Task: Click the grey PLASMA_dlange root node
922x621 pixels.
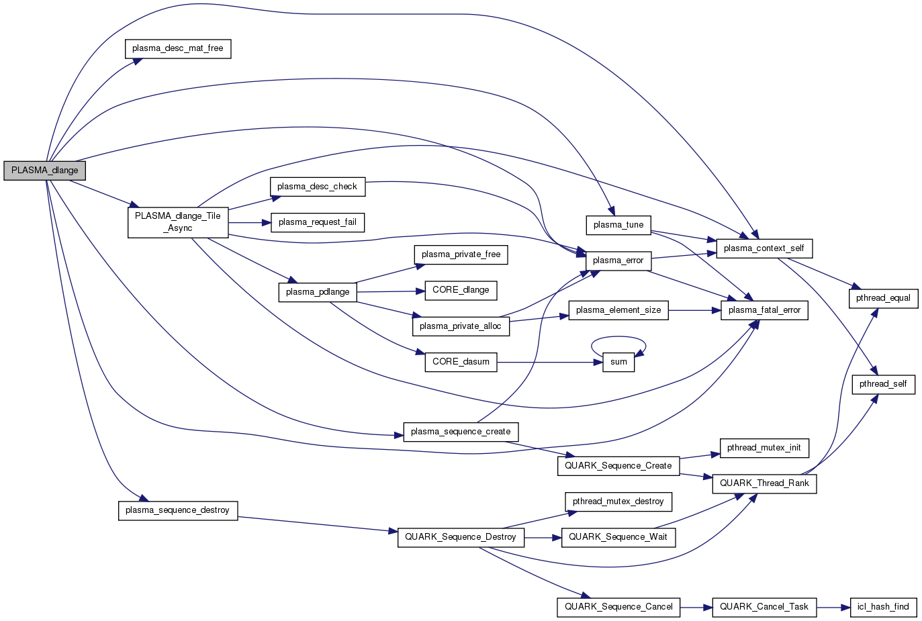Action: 44,171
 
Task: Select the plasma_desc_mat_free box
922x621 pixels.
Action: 178,48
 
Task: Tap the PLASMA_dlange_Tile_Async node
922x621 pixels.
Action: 178,222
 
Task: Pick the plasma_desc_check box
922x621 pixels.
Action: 317,187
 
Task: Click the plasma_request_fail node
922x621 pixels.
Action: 317,222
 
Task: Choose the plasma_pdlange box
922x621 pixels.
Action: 317,292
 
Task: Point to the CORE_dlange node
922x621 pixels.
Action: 461,290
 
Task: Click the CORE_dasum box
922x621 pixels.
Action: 461,362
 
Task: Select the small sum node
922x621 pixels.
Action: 618,362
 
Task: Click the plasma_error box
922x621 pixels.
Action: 618,260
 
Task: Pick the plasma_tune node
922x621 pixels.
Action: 618,225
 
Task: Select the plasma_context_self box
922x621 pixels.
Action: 764,248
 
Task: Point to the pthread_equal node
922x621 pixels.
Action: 883,298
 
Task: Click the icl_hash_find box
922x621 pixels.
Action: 883,607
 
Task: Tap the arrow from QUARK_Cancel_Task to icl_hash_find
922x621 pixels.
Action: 833,607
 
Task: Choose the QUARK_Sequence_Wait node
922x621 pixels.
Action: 618,537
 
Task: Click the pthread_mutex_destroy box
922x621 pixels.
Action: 618,501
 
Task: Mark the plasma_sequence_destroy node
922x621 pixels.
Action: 178,510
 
